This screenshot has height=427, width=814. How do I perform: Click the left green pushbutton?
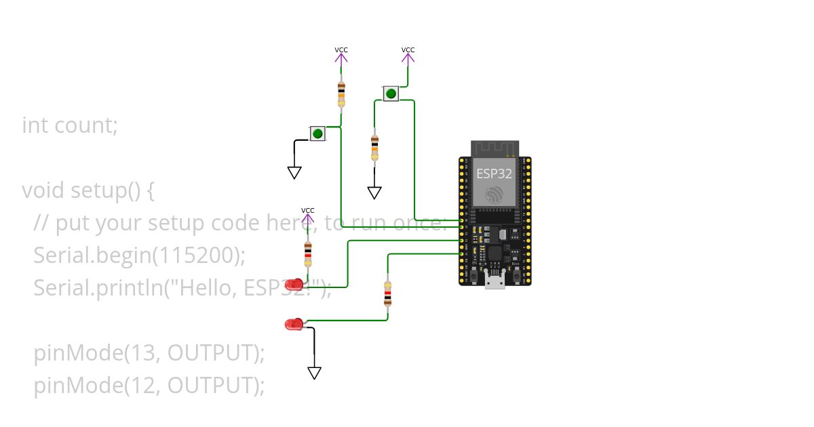pos(317,133)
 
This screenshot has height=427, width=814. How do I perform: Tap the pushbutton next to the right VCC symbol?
pos(391,94)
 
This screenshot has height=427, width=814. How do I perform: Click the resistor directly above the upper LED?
pos(308,255)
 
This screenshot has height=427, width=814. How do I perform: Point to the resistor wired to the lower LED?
pos(387,293)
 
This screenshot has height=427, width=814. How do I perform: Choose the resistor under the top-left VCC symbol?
pos(341,94)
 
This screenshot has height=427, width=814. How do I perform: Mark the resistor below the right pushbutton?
pos(374,148)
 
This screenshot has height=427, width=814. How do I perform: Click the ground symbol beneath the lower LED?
pos(314,372)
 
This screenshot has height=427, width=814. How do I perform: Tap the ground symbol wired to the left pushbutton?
pos(294,172)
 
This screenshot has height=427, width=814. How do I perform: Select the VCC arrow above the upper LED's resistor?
pos(308,217)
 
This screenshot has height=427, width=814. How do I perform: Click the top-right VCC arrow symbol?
pos(408,56)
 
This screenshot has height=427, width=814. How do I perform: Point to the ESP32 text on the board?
pos(494,173)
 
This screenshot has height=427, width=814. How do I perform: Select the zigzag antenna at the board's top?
pos(495,148)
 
